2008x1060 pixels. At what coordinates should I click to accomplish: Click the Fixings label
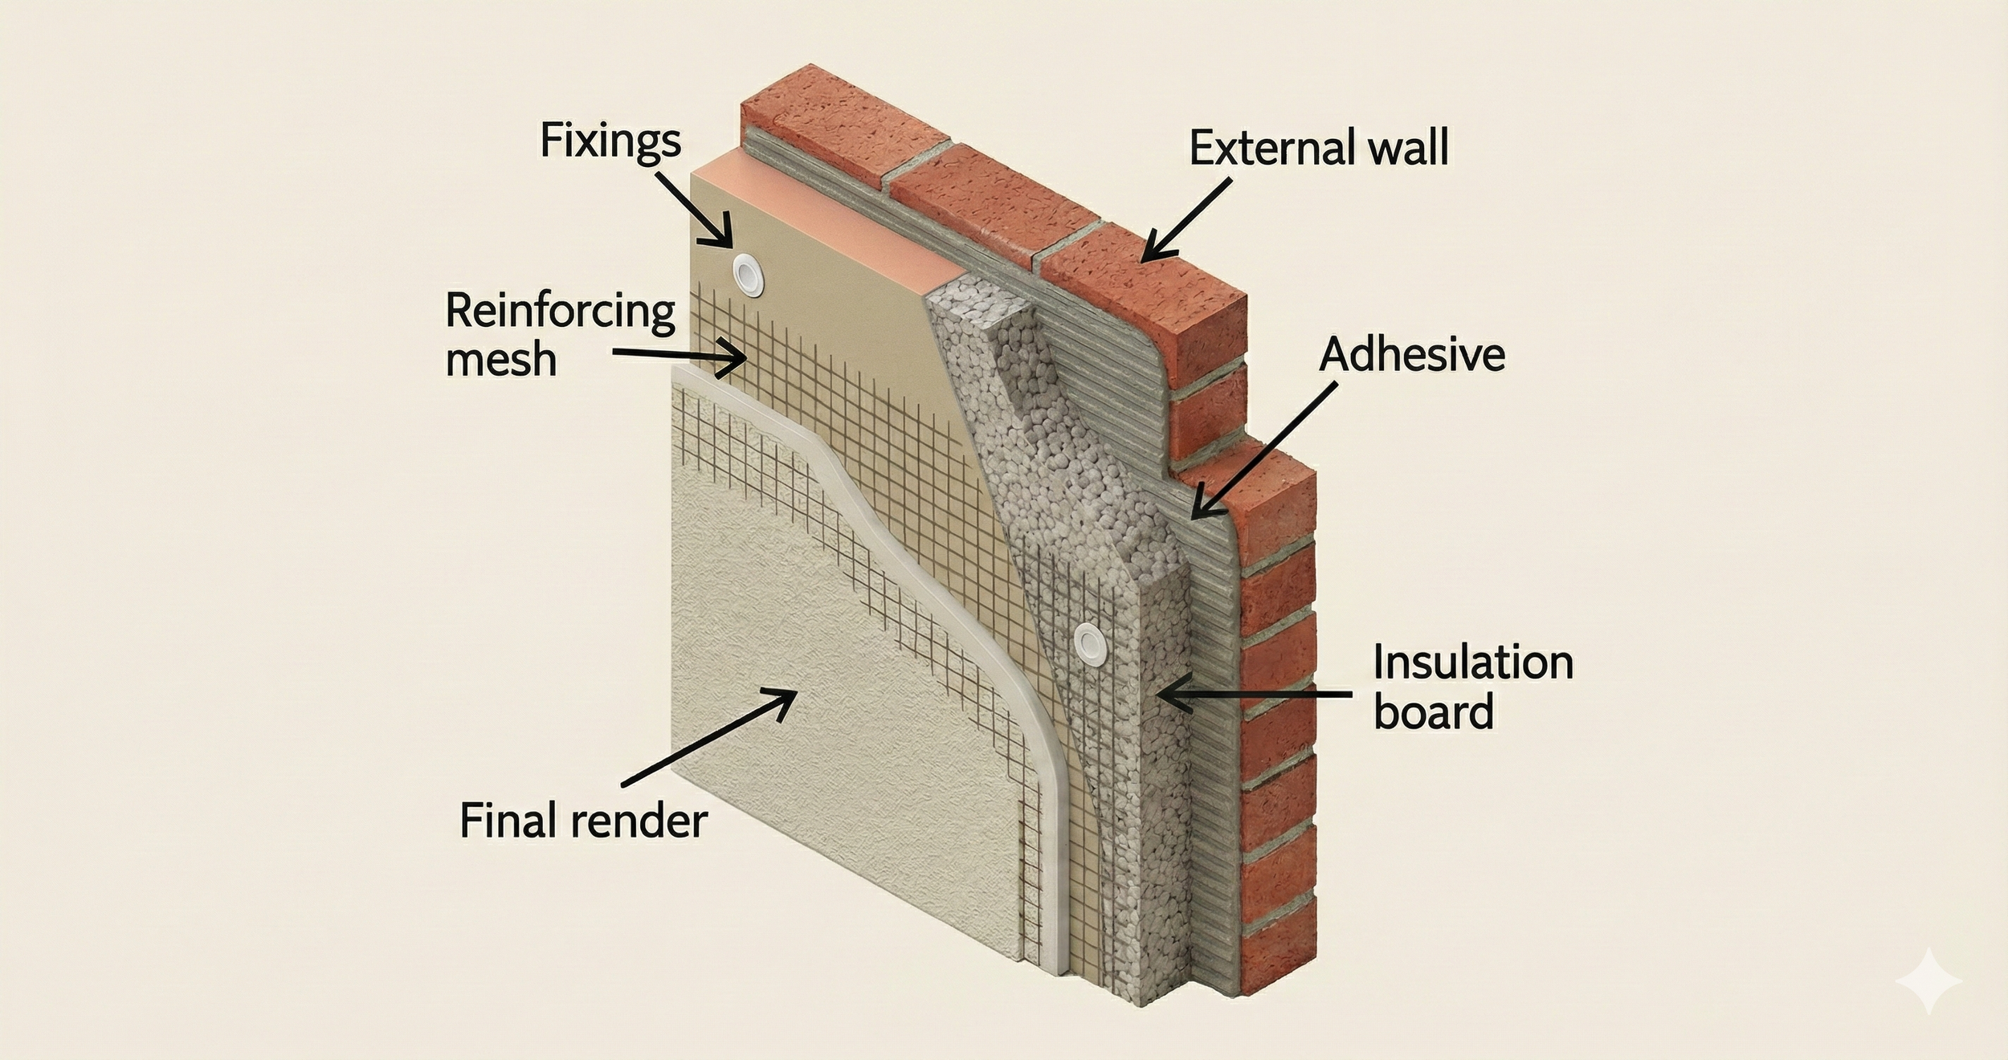coord(610,141)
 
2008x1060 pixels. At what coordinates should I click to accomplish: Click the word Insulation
coord(1472,663)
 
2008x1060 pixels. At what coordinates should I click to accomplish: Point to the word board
coord(1433,712)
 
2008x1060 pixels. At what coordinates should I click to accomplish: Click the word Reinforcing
coord(560,312)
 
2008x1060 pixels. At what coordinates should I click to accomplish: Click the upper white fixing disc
coord(748,273)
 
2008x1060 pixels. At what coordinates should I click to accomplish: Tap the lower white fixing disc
coord(1090,641)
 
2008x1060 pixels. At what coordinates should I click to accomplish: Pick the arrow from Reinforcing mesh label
coord(679,357)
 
